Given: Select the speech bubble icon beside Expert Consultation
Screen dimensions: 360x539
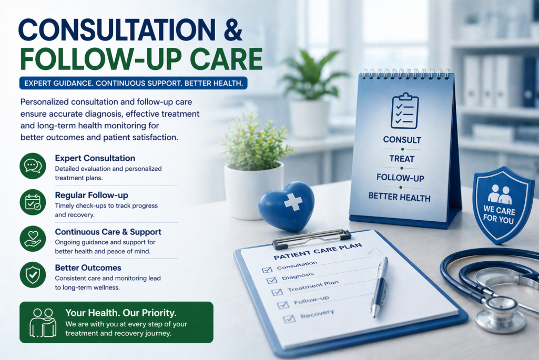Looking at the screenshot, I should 32,166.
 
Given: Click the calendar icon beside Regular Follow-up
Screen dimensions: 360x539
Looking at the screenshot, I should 32,202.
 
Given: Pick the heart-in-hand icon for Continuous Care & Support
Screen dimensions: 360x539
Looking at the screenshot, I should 32,238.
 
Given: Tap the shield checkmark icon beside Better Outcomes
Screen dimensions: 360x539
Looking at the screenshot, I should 32,274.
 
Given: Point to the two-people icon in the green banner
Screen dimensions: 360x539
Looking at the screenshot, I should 43,322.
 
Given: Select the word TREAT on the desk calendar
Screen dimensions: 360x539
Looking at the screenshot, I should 402,159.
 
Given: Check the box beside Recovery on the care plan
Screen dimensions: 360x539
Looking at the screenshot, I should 288,318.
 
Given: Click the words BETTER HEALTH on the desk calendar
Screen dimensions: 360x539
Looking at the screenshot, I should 399,198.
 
